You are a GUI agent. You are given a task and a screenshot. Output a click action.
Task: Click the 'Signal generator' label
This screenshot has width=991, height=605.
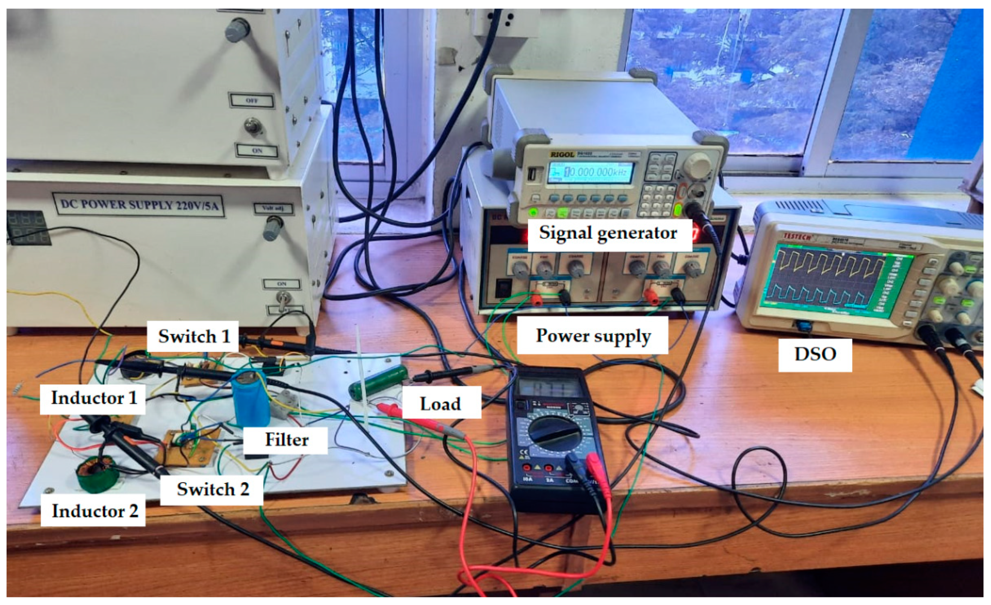tap(608, 233)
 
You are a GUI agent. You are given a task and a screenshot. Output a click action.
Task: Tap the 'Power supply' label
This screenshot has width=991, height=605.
tap(593, 336)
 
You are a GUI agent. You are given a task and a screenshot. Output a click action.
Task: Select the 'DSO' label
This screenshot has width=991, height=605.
tap(815, 354)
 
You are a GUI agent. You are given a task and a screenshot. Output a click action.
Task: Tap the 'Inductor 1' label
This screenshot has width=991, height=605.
tap(93, 398)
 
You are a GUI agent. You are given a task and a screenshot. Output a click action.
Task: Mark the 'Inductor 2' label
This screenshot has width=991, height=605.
tap(94, 511)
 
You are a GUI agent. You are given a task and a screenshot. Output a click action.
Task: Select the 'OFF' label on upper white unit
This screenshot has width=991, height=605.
tap(252, 100)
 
